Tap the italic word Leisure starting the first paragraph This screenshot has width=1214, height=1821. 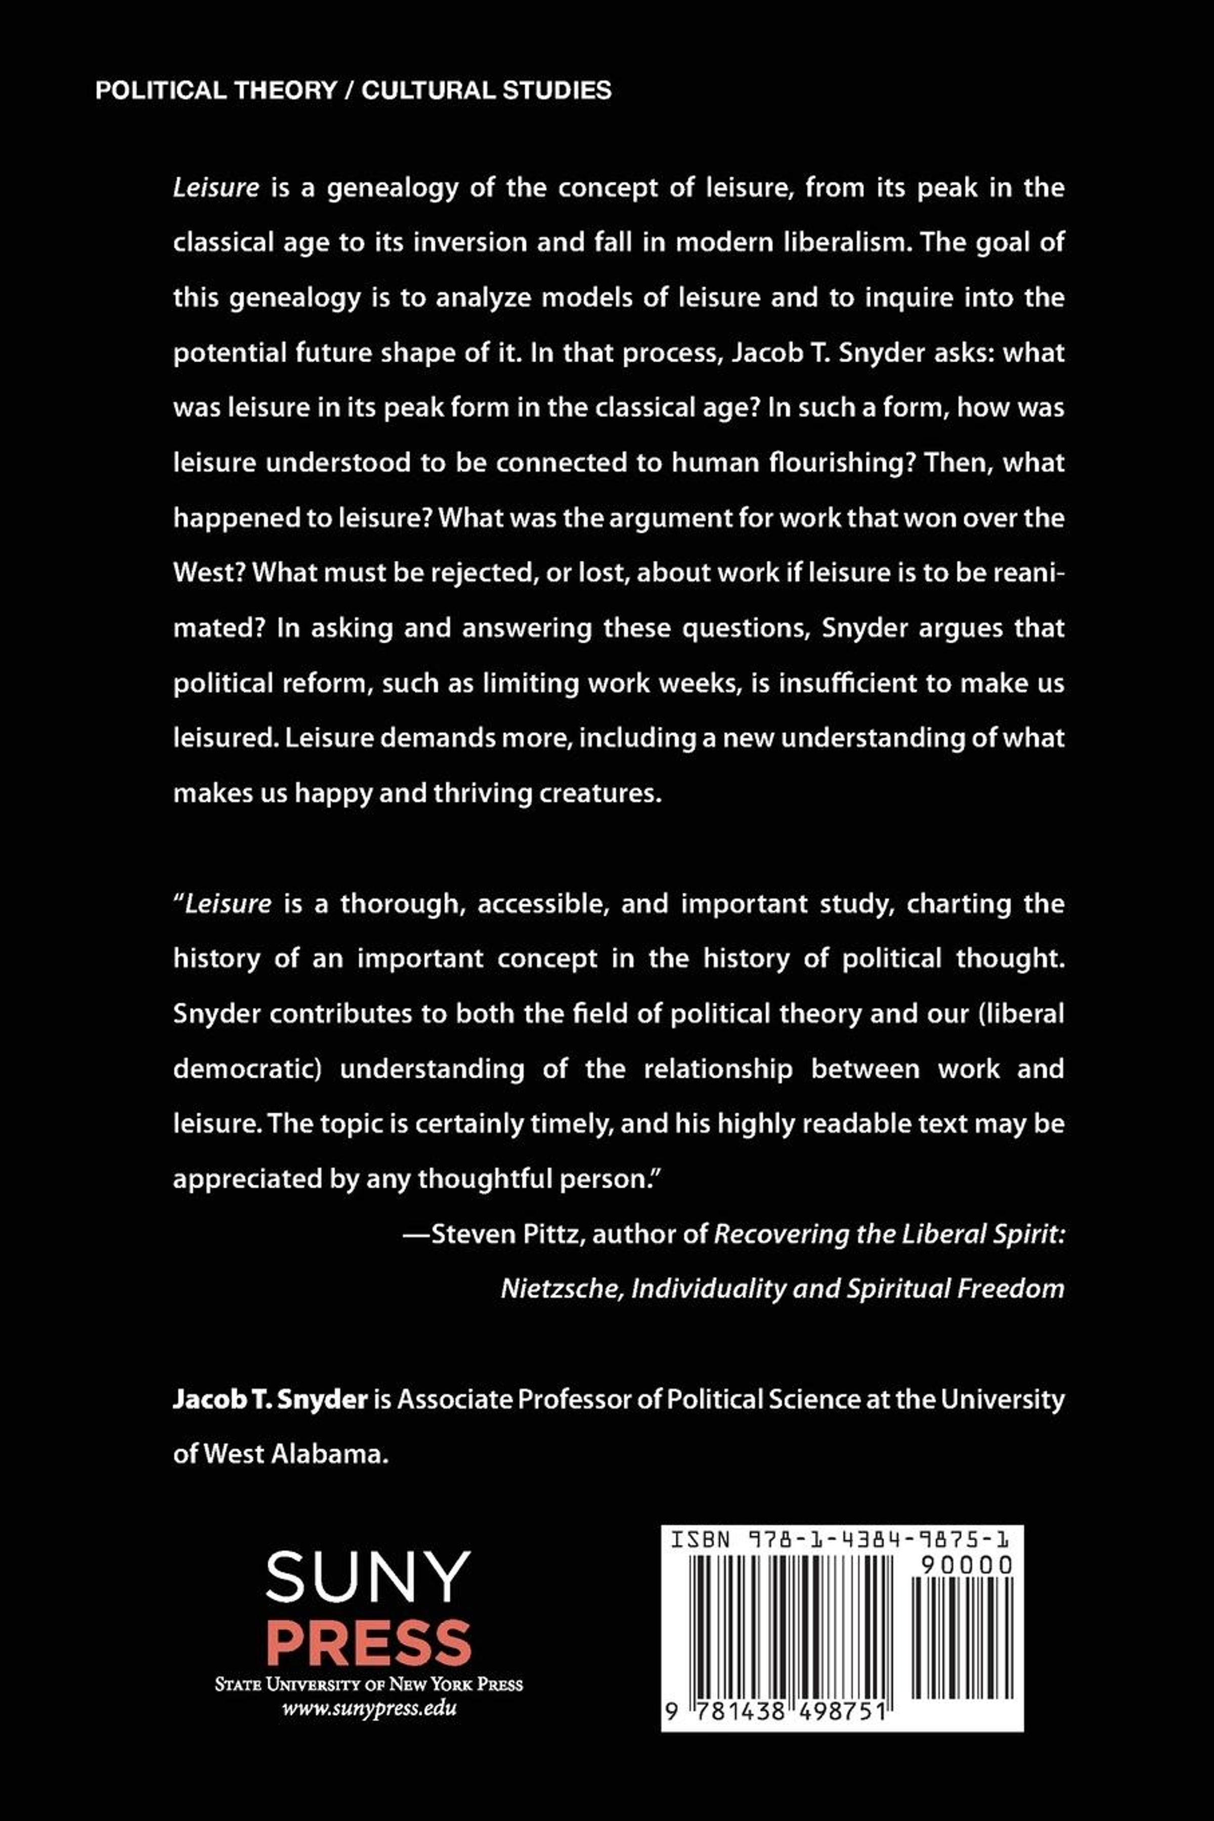point(216,188)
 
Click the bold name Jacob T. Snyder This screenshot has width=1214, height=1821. point(270,1399)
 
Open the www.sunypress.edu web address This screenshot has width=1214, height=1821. point(369,1709)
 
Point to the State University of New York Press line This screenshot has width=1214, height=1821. point(369,1684)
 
